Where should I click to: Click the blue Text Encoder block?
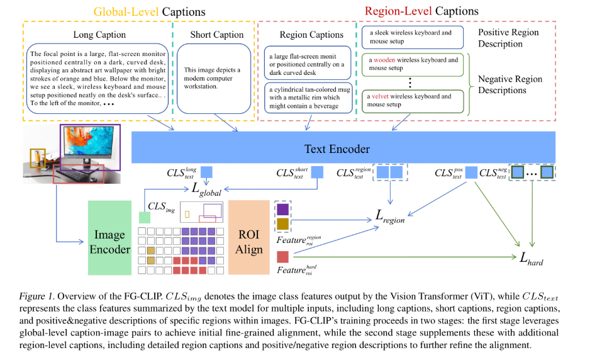click(x=343, y=147)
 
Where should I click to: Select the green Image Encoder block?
click(x=109, y=237)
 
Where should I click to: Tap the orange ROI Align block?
click(x=248, y=237)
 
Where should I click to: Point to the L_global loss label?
click(x=206, y=189)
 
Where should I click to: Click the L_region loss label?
click(x=390, y=217)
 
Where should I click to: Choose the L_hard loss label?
click(x=532, y=259)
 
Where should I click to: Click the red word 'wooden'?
click(x=384, y=60)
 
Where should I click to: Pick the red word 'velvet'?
click(x=380, y=96)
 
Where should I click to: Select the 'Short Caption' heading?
click(x=217, y=35)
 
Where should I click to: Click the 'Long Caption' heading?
click(x=99, y=35)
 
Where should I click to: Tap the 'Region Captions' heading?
click(x=311, y=35)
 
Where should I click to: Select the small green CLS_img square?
click(x=144, y=218)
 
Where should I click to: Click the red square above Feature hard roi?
click(x=282, y=257)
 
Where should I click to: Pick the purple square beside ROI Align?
click(x=282, y=210)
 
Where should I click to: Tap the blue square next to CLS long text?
click(x=206, y=172)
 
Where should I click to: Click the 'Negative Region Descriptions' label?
click(x=510, y=84)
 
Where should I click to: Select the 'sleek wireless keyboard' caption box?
click(x=412, y=37)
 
